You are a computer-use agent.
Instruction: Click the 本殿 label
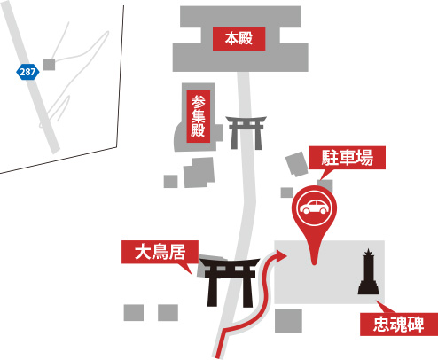tap(239, 39)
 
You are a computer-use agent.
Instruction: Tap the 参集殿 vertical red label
tap(199, 116)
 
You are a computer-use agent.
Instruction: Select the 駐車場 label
tap(347, 158)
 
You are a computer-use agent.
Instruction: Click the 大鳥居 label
tap(160, 252)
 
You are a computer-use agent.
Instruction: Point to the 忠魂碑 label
tap(399, 325)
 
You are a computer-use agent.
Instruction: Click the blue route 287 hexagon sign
tap(27, 72)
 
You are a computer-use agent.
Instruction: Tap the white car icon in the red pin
tap(314, 207)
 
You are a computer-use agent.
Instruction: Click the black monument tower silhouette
tap(369, 271)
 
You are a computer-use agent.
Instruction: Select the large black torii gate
tap(229, 282)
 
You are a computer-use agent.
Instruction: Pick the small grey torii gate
tap(246, 133)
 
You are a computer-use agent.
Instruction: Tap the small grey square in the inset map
tap(49, 65)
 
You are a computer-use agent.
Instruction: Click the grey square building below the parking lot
tap(288, 321)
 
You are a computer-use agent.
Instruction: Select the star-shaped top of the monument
tap(368, 253)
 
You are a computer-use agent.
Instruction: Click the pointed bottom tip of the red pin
tap(314, 263)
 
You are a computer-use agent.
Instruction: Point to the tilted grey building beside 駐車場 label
tap(297, 164)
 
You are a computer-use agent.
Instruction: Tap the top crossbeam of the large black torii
tap(230, 262)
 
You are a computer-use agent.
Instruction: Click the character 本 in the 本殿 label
tap(231, 39)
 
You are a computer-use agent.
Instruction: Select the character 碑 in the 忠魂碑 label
tap(416, 325)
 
